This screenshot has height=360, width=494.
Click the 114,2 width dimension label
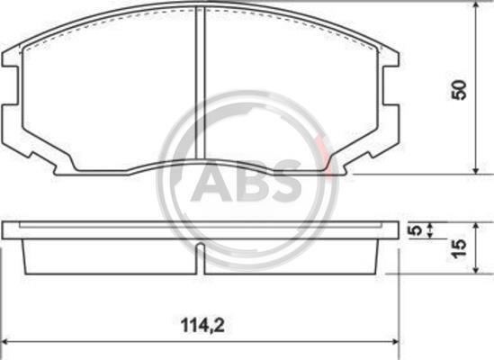[x=202, y=326]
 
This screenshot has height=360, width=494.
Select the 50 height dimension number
[x=459, y=90]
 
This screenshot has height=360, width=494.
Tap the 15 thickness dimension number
[x=459, y=248]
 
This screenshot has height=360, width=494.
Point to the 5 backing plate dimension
[x=416, y=230]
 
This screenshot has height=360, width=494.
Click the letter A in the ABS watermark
[x=211, y=181]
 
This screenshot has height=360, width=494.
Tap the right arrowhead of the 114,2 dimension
[x=395, y=342]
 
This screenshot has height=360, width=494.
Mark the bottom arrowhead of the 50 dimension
[x=476, y=170]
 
